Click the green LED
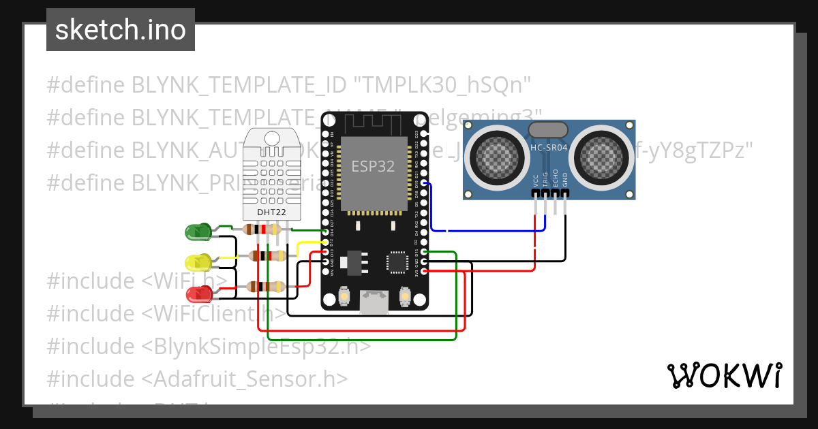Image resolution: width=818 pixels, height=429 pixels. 198,232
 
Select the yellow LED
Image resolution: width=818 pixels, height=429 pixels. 198,262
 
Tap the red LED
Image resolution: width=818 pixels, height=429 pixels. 198,294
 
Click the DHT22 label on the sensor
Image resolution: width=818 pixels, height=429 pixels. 271,212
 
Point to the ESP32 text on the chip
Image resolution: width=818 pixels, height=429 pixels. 373,166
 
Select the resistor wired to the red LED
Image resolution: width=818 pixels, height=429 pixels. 267,287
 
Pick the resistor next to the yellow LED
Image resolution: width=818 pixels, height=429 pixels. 267,256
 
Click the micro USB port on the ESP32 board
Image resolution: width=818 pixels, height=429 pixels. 376,302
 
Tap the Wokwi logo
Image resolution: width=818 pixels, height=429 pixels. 724,375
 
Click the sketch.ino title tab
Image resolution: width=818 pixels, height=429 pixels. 121,30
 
